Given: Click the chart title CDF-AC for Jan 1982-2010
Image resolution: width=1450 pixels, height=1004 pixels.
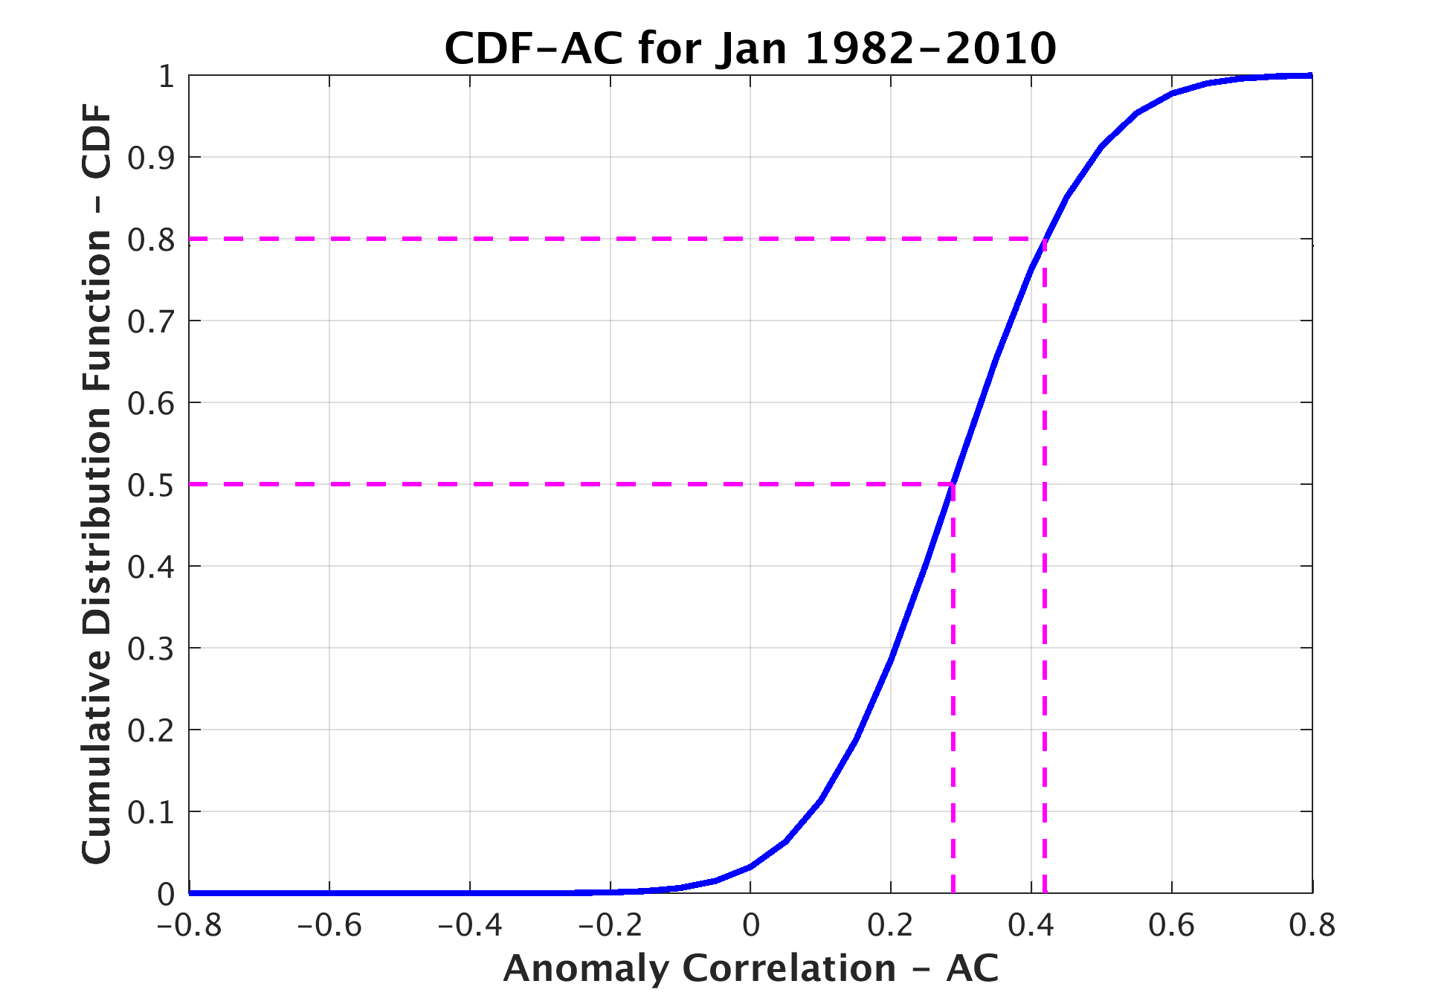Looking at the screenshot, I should [x=750, y=49].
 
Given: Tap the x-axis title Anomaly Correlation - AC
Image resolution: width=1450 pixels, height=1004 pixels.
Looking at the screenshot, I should [x=750, y=968].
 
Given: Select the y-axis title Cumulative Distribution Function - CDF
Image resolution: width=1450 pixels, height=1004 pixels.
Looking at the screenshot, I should [x=97, y=483].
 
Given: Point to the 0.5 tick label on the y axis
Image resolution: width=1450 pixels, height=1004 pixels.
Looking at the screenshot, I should [x=150, y=486].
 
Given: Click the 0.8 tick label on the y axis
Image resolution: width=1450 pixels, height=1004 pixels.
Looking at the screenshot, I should [x=150, y=240].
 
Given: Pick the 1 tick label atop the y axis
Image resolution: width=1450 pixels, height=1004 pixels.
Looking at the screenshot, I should [x=166, y=77].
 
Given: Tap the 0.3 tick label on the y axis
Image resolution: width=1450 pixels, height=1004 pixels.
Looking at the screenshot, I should [x=150, y=649].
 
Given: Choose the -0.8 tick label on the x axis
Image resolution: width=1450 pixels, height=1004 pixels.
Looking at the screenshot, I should [x=189, y=926].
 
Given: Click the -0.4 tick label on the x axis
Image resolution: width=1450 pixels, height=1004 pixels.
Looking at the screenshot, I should [x=470, y=926].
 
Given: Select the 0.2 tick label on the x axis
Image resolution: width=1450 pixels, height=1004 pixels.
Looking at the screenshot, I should [x=890, y=926].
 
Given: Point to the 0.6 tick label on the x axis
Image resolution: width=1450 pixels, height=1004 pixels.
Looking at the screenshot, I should [x=1171, y=926].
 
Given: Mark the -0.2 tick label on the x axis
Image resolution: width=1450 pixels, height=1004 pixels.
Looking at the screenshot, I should [x=610, y=926].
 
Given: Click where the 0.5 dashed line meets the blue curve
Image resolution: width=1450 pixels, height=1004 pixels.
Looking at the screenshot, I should [x=953, y=484].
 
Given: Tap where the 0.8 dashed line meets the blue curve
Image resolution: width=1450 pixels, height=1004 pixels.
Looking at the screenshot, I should [x=1045, y=239].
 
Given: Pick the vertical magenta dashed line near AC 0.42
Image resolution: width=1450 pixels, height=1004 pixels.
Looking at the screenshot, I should [x=1045, y=595].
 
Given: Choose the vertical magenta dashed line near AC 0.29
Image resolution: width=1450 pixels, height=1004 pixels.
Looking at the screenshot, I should [x=953, y=707].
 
